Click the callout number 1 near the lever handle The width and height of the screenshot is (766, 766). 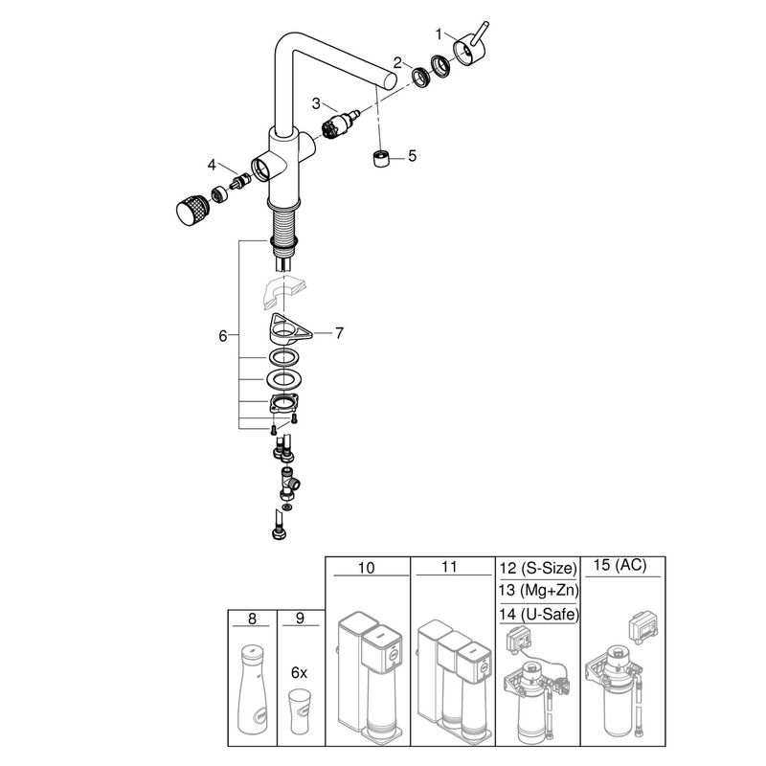[x=439, y=34]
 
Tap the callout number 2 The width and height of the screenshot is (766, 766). [x=397, y=62]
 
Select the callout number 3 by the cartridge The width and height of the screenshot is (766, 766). [x=316, y=103]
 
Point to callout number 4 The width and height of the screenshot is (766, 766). [x=212, y=165]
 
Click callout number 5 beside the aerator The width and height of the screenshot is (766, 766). [x=413, y=156]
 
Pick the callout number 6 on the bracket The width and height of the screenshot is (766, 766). [x=223, y=336]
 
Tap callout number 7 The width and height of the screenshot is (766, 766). [x=339, y=333]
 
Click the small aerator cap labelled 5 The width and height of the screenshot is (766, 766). [x=381, y=159]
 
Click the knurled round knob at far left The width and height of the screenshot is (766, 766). [x=192, y=210]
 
